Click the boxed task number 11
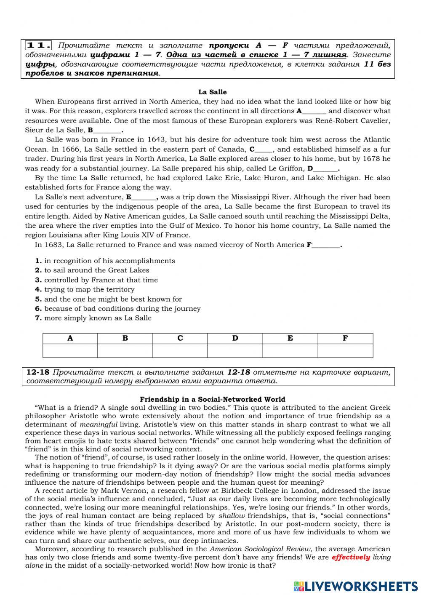coord(39,45)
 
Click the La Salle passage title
coord(212,92)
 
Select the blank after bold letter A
coord(314,112)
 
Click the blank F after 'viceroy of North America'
coord(325,245)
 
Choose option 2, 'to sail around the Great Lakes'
coord(96,270)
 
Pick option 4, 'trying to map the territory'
coord(89,289)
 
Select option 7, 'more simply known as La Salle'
coord(98,318)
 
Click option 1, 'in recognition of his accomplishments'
coord(109,261)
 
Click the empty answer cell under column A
coord(70,351)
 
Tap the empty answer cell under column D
coord(235,351)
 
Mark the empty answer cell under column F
coord(345,351)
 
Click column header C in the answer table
coord(180,338)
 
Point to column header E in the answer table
coord(290,338)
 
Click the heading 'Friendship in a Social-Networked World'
coord(212,399)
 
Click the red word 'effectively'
coord(351,557)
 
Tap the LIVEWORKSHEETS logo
coord(356,586)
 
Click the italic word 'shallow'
coord(232,515)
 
